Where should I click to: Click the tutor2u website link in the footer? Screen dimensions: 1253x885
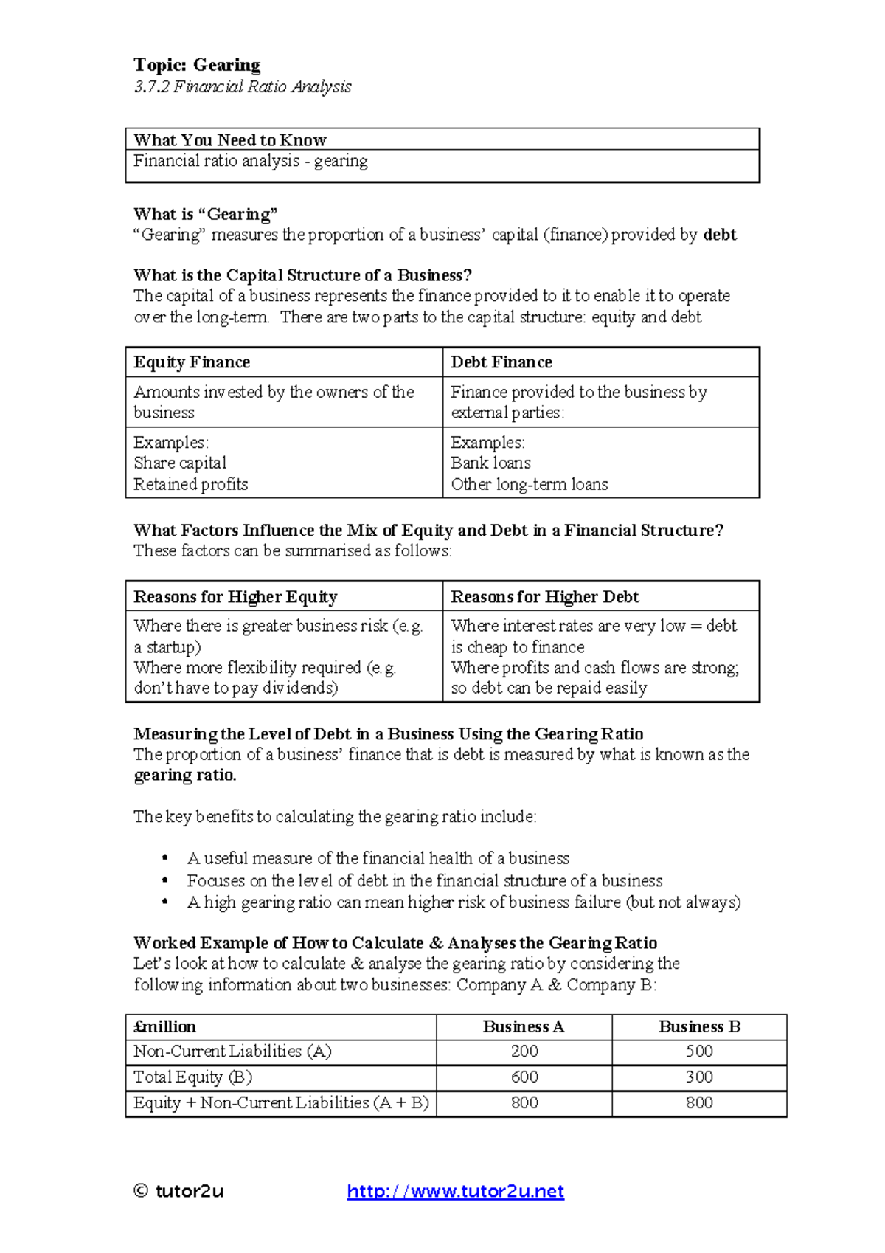pyautogui.click(x=455, y=1191)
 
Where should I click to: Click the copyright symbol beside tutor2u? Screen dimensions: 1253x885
pyautogui.click(x=141, y=1190)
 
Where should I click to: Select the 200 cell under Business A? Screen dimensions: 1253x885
pyautogui.click(x=524, y=1051)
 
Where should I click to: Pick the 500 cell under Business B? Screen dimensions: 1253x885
pyautogui.click(x=699, y=1051)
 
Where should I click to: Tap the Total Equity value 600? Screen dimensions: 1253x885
pyautogui.click(x=524, y=1077)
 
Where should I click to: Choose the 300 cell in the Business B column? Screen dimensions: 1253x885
pyautogui.click(x=699, y=1077)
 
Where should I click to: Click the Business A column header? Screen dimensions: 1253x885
pyautogui.click(x=524, y=1026)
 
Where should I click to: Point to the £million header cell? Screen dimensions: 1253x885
pyautogui.click(x=165, y=1026)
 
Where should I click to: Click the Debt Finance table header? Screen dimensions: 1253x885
pyautogui.click(x=502, y=362)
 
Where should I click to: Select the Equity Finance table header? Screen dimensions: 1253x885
pyautogui.click(x=192, y=362)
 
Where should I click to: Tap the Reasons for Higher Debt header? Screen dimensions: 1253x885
pyautogui.click(x=544, y=596)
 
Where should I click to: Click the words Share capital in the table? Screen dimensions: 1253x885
pyautogui.click(x=180, y=463)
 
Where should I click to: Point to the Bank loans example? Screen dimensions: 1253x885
pyautogui.click(x=490, y=463)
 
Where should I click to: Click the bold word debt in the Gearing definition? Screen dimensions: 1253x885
pyautogui.click(x=720, y=235)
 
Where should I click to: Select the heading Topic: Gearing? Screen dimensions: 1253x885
pyautogui.click(x=197, y=65)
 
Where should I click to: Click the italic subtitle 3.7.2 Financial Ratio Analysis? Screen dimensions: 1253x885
pyautogui.click(x=242, y=86)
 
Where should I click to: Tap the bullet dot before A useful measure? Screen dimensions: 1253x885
pyautogui.click(x=165, y=857)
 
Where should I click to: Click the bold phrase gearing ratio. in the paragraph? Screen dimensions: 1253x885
pyautogui.click(x=185, y=775)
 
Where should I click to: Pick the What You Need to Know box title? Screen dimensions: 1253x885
pyautogui.click(x=230, y=139)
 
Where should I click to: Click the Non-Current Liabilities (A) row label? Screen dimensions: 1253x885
pyautogui.click(x=232, y=1051)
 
